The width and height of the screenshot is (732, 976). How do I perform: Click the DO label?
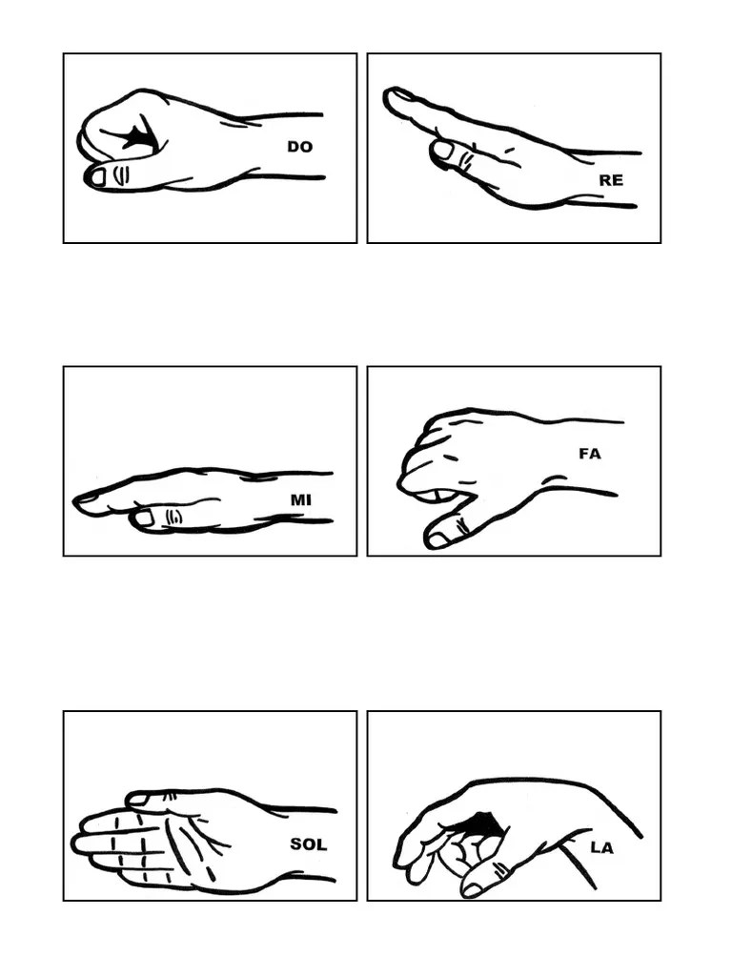[x=299, y=147]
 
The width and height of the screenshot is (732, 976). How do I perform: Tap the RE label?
[x=611, y=180]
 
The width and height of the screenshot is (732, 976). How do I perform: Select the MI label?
[x=300, y=499]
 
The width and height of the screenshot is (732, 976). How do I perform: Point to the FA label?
[x=590, y=454]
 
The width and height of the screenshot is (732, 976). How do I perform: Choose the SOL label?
[x=308, y=844]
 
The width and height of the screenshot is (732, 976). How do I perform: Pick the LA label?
[x=601, y=847]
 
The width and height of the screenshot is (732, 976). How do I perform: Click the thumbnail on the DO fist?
[x=98, y=177]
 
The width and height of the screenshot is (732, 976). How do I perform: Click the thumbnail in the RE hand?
[x=443, y=150]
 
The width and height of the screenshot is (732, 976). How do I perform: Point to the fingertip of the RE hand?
[x=392, y=96]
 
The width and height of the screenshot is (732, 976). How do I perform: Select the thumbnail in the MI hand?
[x=145, y=518]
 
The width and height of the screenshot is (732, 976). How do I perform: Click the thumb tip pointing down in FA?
[x=437, y=539]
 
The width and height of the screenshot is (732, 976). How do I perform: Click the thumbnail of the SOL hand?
[x=137, y=800]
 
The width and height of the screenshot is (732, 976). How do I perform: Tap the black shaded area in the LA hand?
[x=482, y=824]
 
